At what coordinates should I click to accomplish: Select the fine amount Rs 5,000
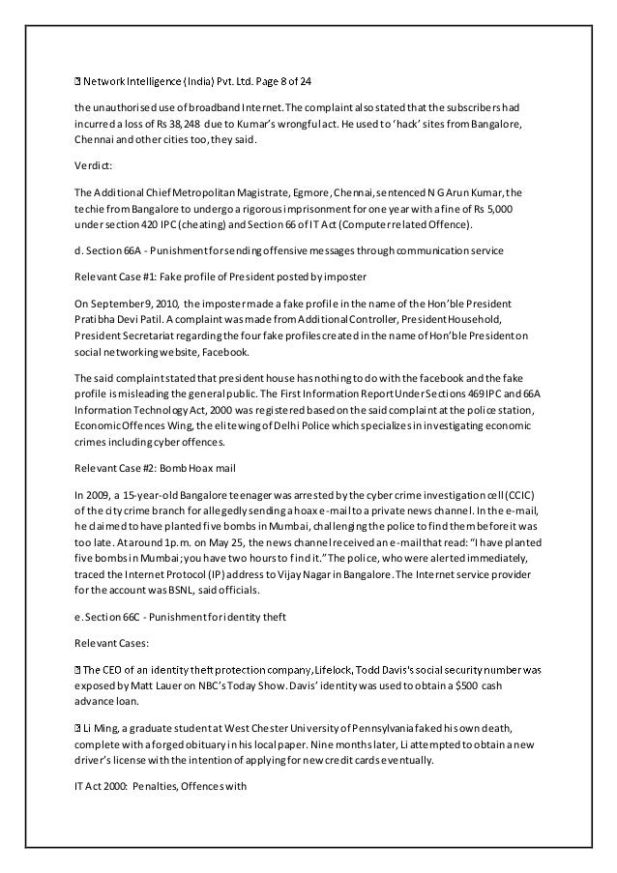pyautogui.click(x=506, y=208)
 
